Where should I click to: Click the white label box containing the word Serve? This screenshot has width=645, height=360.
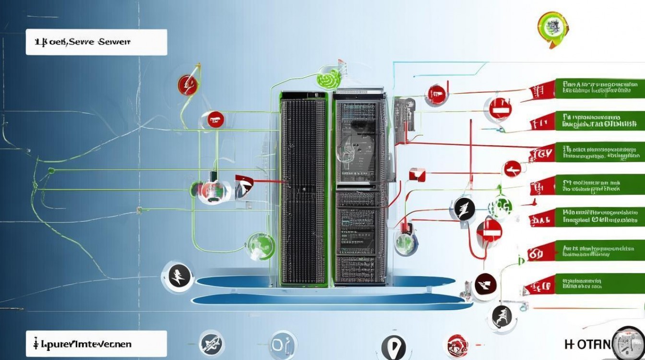(x=96, y=42)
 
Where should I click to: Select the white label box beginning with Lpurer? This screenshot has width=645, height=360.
(x=96, y=344)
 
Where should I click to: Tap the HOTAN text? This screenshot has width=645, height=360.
(x=588, y=344)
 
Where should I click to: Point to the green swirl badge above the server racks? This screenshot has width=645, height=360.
(x=329, y=78)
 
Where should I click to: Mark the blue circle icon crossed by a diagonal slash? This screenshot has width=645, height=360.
(x=211, y=343)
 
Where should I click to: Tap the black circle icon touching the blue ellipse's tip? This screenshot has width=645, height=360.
(x=178, y=276)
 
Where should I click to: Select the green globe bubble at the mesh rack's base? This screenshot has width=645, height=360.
(x=260, y=245)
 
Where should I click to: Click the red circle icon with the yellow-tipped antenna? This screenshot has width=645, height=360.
(x=188, y=85)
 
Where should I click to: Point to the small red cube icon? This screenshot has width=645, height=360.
(x=417, y=175)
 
